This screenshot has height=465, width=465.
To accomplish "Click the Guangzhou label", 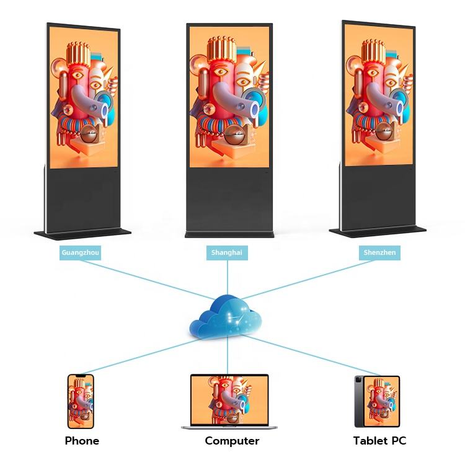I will (x=80, y=252).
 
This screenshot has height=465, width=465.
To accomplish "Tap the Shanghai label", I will (x=227, y=252).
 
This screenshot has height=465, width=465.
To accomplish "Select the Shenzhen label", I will (x=379, y=252).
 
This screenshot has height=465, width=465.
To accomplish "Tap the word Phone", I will (x=82, y=441).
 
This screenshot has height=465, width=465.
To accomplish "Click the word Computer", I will (x=232, y=441).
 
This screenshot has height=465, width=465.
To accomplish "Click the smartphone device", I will (x=81, y=401).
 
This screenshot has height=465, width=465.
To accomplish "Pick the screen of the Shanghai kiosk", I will (x=229, y=96).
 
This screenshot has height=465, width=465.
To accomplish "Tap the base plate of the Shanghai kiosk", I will (x=229, y=234).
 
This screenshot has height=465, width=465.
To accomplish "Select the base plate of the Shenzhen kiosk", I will (x=378, y=231).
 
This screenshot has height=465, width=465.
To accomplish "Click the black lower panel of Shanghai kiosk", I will (x=229, y=198).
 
